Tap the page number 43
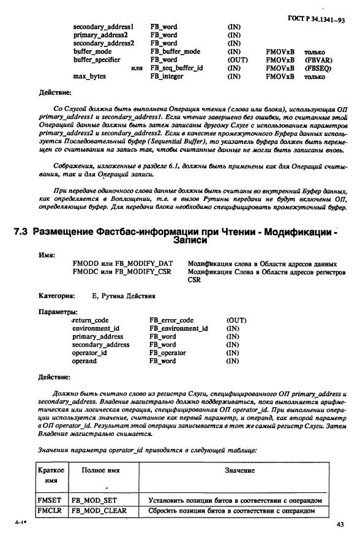tap(340, 524)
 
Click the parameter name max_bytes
tap(88, 77)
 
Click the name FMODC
tap(86, 271)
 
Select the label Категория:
tap(58, 295)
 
